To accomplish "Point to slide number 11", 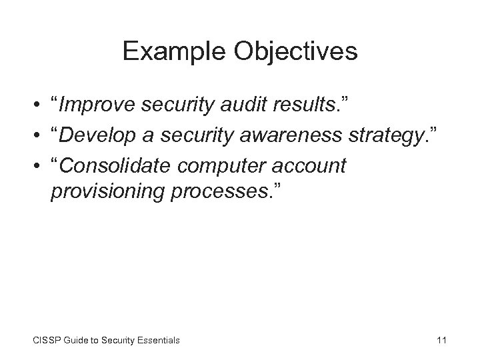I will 441,340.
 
